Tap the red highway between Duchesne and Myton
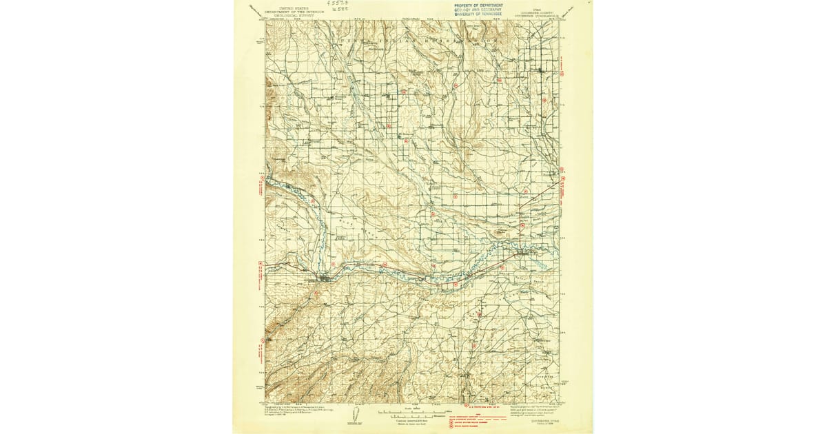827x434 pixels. coord(413,277)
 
